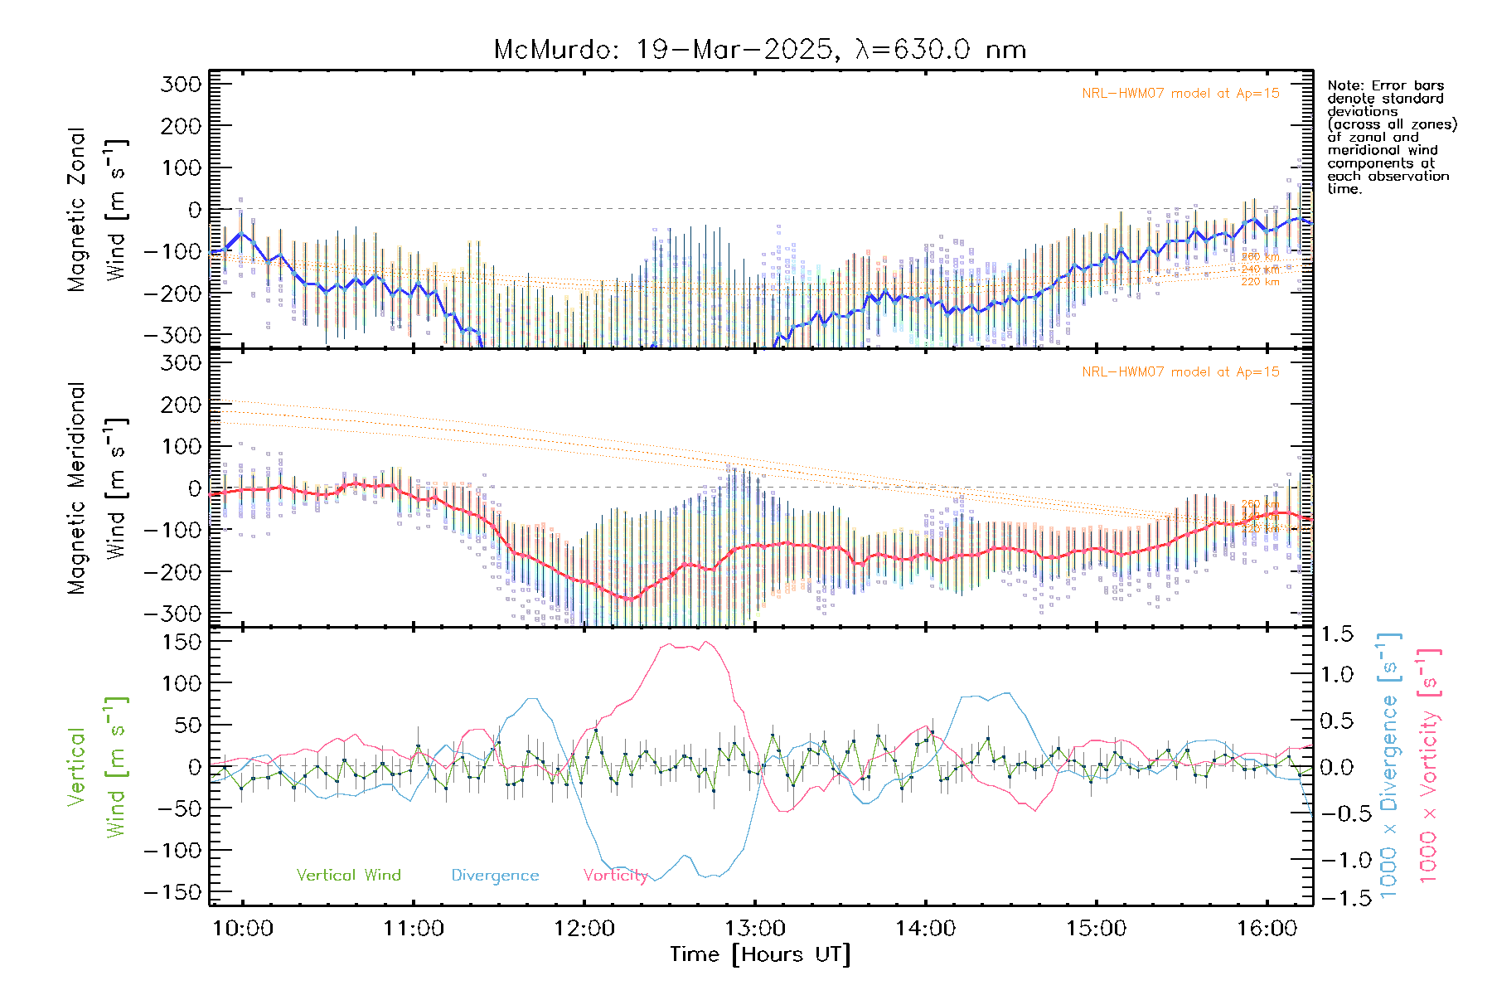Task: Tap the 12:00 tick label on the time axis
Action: (584, 929)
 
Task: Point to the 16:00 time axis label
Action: (1267, 929)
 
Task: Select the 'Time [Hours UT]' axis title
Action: (760, 955)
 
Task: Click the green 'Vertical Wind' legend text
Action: (348, 876)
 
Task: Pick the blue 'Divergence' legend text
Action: (495, 876)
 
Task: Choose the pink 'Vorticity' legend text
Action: (615, 876)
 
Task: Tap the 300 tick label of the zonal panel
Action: (182, 85)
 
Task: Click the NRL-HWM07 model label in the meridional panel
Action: (1180, 372)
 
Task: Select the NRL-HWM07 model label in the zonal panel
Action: (1180, 94)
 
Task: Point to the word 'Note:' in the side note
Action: (1344, 85)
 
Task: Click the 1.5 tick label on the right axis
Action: (1336, 634)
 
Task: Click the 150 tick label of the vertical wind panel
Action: (182, 642)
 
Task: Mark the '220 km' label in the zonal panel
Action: (1260, 282)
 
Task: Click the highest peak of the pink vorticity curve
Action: (705, 642)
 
